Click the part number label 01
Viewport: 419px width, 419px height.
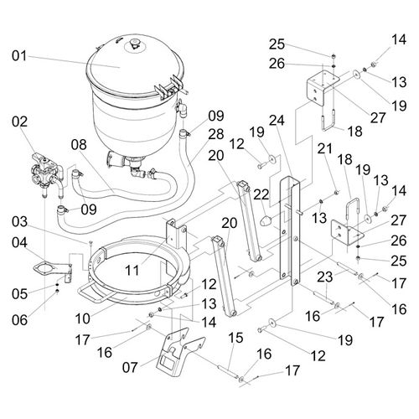click(19, 56)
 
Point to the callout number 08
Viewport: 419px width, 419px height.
click(79, 145)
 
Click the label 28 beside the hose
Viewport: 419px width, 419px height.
click(216, 134)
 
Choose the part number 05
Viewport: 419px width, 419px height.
click(19, 294)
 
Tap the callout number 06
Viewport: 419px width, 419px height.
click(19, 320)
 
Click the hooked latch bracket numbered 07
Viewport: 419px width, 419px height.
click(181, 353)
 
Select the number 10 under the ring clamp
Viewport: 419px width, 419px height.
click(83, 318)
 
